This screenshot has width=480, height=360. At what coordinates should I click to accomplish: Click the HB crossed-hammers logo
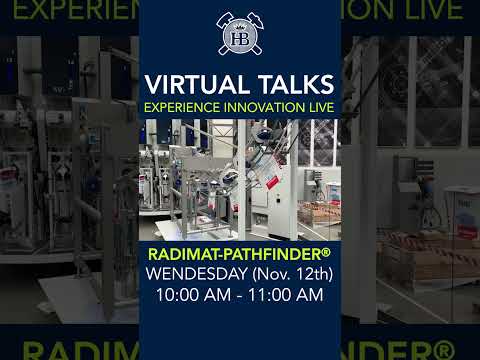pyautogui.click(x=240, y=33)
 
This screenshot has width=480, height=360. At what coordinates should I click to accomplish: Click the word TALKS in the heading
pyautogui.click(x=290, y=82)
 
